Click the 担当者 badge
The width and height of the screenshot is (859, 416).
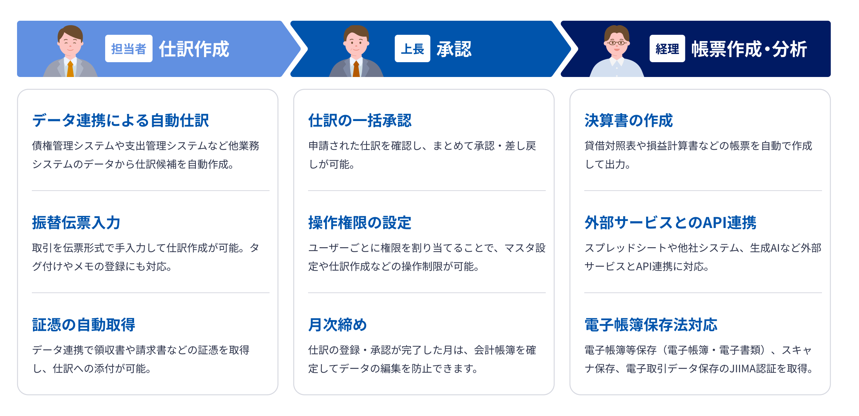pos(128,48)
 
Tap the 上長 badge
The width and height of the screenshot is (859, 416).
pos(412,48)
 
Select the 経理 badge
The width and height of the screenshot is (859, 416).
pos(667,48)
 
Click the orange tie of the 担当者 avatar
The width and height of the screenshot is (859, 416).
pos(70,69)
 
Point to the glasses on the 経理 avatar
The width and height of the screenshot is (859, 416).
pos(616,43)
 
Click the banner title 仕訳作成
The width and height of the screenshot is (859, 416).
pos(194,49)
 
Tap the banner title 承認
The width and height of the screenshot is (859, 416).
pos(454,49)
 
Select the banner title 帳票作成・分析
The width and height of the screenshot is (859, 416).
pos(749,49)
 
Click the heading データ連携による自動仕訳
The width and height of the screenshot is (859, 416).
pos(120,120)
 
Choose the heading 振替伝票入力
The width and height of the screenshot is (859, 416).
pos(76,222)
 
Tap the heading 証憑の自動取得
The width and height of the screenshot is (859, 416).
pos(83,325)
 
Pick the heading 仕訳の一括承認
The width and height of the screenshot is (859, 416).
pos(360,120)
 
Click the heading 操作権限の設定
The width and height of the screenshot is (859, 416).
pos(360,222)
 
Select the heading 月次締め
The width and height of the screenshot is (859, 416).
pos(337,325)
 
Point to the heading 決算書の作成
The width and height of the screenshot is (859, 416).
pos(628,120)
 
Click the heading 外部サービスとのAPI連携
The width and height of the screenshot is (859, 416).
pos(670,222)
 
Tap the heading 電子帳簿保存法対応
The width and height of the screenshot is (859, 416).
pos(651,325)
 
